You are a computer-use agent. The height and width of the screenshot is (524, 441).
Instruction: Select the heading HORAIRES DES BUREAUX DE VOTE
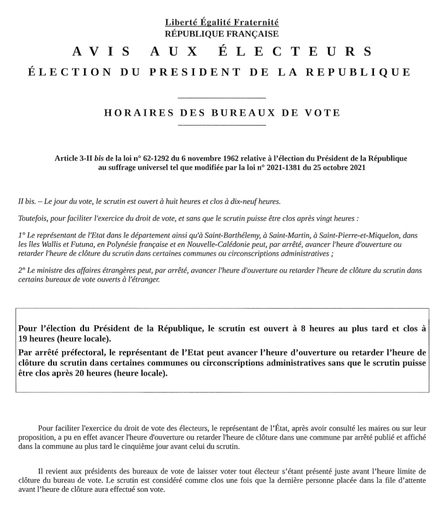221,113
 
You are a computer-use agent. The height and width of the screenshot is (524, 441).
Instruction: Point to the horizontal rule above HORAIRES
222,98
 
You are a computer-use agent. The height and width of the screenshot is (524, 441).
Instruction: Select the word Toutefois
35,218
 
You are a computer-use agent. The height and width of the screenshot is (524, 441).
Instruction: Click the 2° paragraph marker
22,270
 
